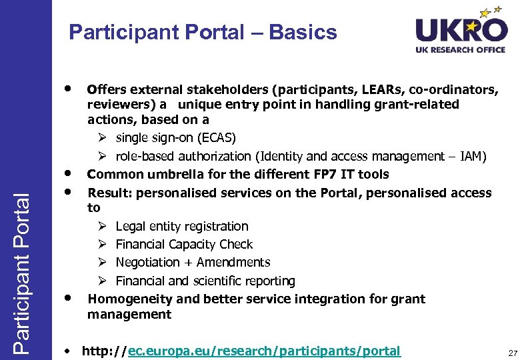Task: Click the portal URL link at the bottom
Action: point(241,351)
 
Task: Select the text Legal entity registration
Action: point(181,227)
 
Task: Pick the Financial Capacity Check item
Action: point(184,245)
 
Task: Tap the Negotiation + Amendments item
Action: point(193,263)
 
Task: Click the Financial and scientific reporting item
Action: point(205,281)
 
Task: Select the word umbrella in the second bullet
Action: point(170,175)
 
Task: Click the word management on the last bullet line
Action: point(129,314)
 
